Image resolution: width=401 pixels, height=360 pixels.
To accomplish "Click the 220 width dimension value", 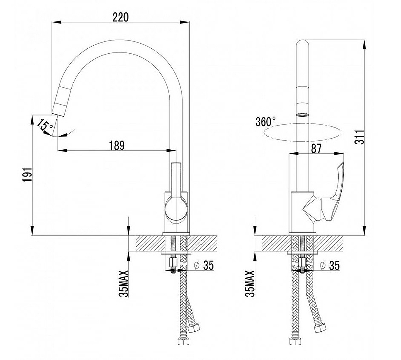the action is (121, 17).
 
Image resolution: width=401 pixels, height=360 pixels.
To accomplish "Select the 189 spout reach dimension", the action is (117, 145).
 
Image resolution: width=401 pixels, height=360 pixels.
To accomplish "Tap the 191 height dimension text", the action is (27, 175).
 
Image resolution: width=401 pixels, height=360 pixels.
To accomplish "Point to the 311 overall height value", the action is (360, 137).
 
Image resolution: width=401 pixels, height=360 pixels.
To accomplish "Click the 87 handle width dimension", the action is (316, 148).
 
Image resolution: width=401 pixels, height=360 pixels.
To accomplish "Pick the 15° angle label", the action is (44, 125).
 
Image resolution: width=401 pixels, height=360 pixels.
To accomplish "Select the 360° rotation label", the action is (266, 122).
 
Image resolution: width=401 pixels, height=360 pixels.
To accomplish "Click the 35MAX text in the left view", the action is (124, 283).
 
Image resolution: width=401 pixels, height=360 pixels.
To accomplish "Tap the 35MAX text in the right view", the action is (250, 283).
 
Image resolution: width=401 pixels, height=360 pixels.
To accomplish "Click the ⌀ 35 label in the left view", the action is (204, 265).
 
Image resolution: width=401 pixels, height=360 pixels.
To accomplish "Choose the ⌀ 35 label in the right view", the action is (330, 266).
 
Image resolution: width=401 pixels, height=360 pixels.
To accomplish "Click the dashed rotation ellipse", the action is (302, 132).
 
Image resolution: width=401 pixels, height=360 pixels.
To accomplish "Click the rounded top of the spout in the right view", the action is (303, 43).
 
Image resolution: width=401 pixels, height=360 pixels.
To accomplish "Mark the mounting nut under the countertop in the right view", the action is (303, 262).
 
